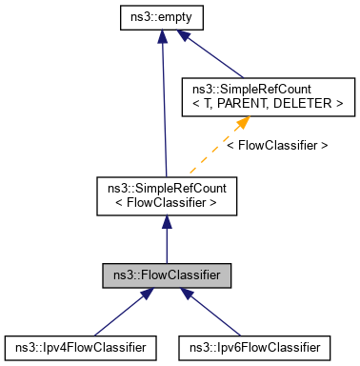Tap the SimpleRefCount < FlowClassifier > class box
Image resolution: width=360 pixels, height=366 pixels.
[167, 194]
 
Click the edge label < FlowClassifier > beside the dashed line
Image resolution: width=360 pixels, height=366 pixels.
[278, 146]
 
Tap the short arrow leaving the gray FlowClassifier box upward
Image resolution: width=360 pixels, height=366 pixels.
[167, 238]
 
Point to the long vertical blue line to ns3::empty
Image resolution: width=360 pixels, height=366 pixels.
[165, 105]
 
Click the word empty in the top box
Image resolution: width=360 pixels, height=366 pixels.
[176, 17]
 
